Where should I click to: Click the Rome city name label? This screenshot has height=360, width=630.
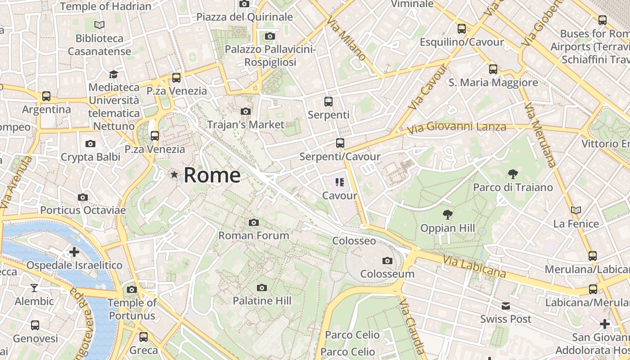(212, 175)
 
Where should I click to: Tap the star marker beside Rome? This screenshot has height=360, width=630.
(174, 174)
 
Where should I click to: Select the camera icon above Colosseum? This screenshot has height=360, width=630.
(387, 261)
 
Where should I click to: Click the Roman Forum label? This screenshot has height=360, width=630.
(254, 235)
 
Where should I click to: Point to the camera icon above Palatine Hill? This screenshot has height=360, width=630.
(261, 288)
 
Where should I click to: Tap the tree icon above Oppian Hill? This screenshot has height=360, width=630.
(447, 215)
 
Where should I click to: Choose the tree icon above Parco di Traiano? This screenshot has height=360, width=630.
(513, 174)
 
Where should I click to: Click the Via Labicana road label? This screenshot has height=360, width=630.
(474, 266)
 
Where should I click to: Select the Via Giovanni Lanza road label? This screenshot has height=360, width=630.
(456, 128)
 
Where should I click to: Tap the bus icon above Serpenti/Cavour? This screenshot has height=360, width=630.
(340, 143)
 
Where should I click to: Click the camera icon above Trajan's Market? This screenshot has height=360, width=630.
(246, 111)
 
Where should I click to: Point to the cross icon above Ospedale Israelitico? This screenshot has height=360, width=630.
(74, 252)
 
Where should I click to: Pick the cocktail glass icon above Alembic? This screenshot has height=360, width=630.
(34, 288)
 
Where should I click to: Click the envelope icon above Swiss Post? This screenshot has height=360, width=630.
(506, 306)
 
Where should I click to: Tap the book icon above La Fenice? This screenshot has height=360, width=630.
(576, 210)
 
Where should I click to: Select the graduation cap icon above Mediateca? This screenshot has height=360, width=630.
(113, 74)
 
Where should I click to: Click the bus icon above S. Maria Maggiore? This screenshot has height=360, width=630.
(493, 69)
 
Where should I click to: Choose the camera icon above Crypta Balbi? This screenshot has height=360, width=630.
(90, 144)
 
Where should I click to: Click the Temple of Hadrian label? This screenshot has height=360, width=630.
(106, 6)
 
